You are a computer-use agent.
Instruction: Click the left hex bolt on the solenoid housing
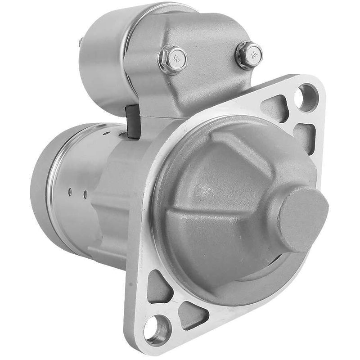(x=172, y=59)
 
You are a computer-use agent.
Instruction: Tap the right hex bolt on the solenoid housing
(x=249, y=55)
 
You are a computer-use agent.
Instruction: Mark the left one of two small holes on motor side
(x=70, y=192)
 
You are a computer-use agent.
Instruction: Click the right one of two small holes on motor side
(x=85, y=194)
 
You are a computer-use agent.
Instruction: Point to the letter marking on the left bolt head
(x=178, y=58)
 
